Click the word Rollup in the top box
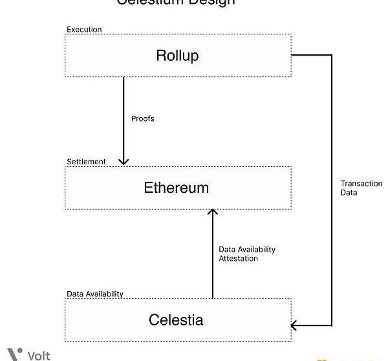(177, 55)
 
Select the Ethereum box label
(177, 188)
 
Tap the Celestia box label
(176, 320)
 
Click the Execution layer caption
(84, 30)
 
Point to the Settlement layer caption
(86, 161)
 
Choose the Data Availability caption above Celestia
(95, 294)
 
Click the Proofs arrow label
(143, 119)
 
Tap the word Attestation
(238, 259)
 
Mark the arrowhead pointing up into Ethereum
(212, 213)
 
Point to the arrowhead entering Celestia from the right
(296, 325)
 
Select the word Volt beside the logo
(39, 355)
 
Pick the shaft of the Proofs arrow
(124, 116)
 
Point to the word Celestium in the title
(151, 2)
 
